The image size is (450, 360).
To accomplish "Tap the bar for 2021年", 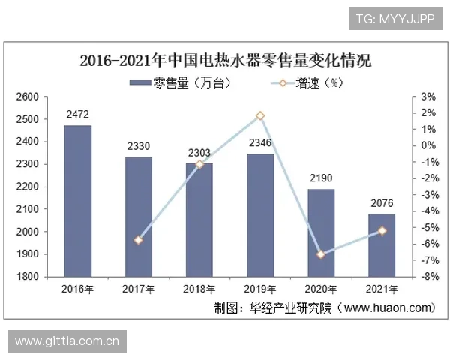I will [x=381, y=245].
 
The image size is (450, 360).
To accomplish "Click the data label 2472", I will [x=77, y=115].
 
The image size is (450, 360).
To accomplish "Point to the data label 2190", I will [x=320, y=178].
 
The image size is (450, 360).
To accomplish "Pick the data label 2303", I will [x=199, y=153].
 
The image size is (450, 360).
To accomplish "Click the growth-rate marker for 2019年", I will [x=259, y=115].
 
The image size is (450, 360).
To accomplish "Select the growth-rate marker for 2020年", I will [x=320, y=254].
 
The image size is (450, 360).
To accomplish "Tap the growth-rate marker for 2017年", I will [x=138, y=240].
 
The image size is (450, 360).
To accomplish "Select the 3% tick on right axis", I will [x=429, y=97].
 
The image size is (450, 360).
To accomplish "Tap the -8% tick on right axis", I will [x=429, y=277].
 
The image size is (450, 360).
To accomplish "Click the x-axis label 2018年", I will [x=199, y=289].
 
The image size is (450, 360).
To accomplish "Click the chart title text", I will [x=225, y=60].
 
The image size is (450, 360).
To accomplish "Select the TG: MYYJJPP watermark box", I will [x=395, y=17].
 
